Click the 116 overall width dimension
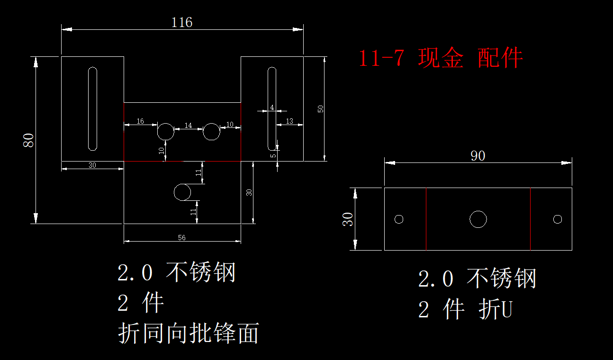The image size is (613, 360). (x=182, y=22)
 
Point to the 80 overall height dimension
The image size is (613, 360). (x=29, y=140)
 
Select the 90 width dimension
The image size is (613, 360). (x=478, y=156)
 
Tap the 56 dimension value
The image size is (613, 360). (x=182, y=238)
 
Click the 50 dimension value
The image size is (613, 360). (x=321, y=108)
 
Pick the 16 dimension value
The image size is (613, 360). (x=140, y=121)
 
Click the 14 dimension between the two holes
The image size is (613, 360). (x=189, y=126)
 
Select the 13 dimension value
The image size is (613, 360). (x=289, y=121)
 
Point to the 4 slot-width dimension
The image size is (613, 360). (x=272, y=108)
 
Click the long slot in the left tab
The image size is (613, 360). (x=93, y=109)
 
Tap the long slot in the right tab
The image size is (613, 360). (x=272, y=109)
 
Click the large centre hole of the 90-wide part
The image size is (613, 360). (x=478, y=219)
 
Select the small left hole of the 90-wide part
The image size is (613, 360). (x=399, y=219)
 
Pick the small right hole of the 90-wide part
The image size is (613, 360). (x=558, y=219)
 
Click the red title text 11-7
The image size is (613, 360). (x=381, y=58)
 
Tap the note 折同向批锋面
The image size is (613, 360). (x=188, y=333)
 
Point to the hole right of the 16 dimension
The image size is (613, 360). (x=166, y=132)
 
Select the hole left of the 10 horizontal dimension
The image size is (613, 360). (x=211, y=132)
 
